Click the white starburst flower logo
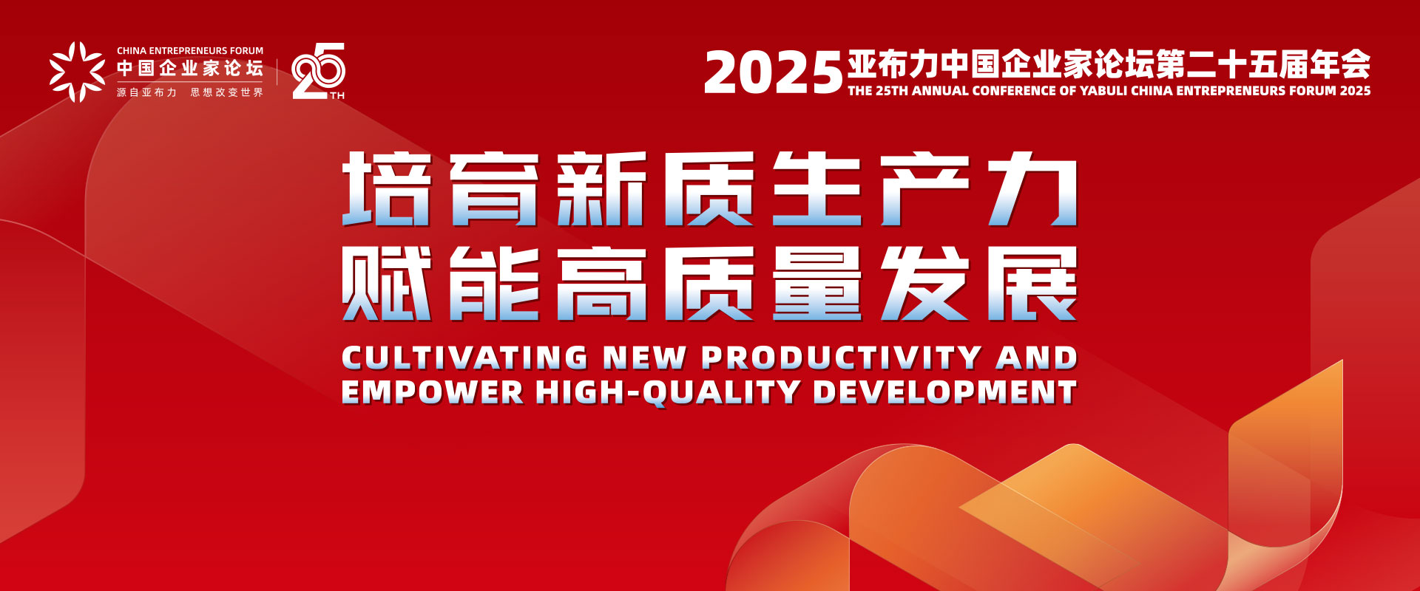click(x=78, y=72)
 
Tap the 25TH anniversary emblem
click(x=319, y=71)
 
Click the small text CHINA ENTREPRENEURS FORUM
click(x=190, y=51)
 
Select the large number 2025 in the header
click(x=773, y=73)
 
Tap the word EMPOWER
click(x=432, y=392)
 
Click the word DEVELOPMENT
click(x=944, y=392)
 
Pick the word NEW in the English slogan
click(x=644, y=358)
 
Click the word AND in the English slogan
click(x=1036, y=358)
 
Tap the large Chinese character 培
click(x=386, y=189)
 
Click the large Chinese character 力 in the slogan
click(x=1032, y=189)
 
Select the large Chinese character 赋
click(x=386, y=284)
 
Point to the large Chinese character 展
click(x=1032, y=284)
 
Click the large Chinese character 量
click(x=817, y=284)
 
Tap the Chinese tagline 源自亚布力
click(x=146, y=92)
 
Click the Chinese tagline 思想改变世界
click(x=226, y=92)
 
